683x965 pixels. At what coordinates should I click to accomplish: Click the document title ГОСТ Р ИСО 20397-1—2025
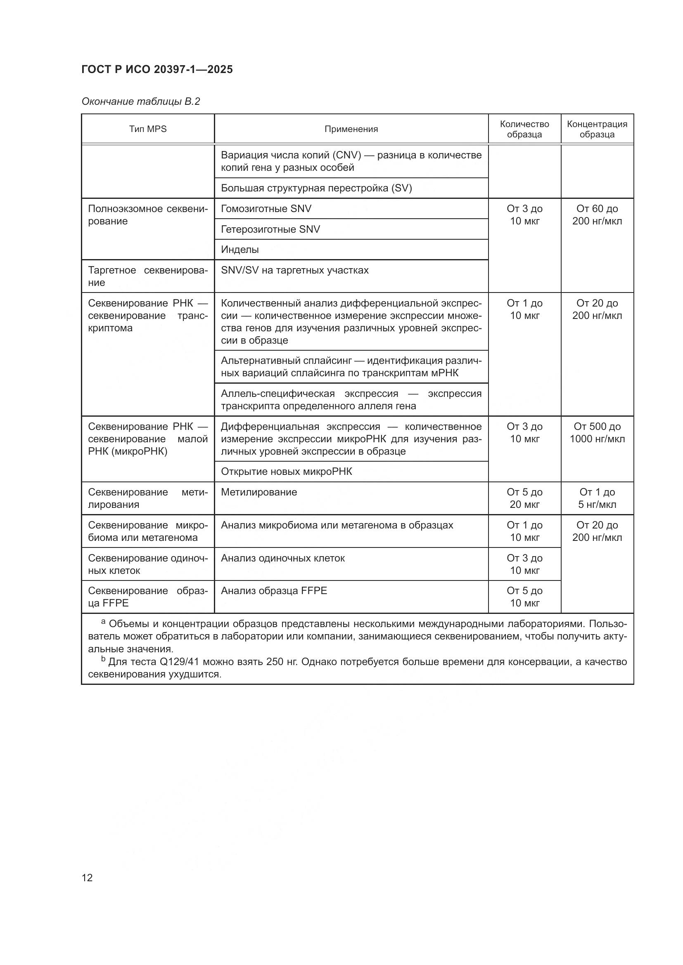pyautogui.click(x=157, y=69)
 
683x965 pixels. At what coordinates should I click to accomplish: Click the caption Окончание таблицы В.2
pyautogui.click(x=140, y=101)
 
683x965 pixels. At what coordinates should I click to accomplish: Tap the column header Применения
pyautogui.click(x=351, y=129)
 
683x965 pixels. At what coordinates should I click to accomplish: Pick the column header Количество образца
pyautogui.click(x=524, y=129)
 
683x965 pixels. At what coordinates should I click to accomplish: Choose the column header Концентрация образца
pyautogui.click(x=597, y=129)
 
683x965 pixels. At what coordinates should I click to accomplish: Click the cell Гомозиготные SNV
pyautogui.click(x=266, y=208)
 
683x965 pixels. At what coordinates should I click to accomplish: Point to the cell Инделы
pyautogui.click(x=240, y=249)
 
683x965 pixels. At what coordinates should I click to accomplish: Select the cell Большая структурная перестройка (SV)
pyautogui.click(x=316, y=188)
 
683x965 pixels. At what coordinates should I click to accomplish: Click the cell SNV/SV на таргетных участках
pyautogui.click(x=294, y=270)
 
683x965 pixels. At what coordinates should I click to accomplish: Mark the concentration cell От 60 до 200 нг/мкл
pyautogui.click(x=597, y=215)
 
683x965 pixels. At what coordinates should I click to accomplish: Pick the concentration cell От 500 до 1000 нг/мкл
pyautogui.click(x=597, y=432)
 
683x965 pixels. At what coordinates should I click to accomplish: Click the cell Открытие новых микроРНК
pyautogui.click(x=287, y=471)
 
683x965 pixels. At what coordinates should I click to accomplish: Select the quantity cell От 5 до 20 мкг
pyautogui.click(x=524, y=498)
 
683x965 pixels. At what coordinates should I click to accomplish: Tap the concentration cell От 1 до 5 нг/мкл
pyautogui.click(x=597, y=498)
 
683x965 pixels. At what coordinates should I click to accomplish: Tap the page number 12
pyautogui.click(x=87, y=878)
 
